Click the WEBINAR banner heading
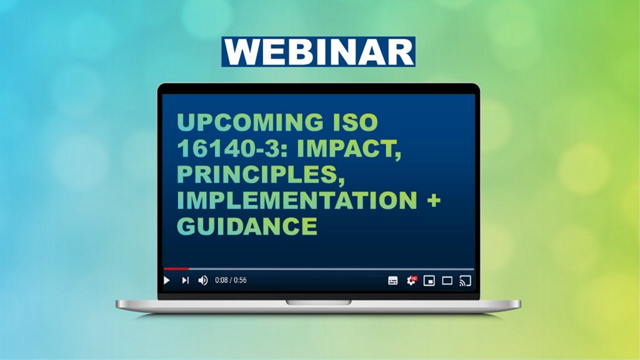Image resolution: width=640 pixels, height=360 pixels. pyautogui.click(x=318, y=52)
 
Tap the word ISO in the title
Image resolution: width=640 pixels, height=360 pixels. pyautogui.click(x=356, y=122)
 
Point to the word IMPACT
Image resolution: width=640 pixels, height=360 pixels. pyautogui.click(x=349, y=149)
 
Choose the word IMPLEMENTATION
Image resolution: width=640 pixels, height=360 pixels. pyautogui.click(x=297, y=200)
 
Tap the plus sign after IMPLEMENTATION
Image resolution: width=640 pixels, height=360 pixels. pyautogui.click(x=433, y=201)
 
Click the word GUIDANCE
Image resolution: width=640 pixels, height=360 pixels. pyautogui.click(x=247, y=226)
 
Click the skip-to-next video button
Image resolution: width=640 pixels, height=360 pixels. pyautogui.click(x=185, y=281)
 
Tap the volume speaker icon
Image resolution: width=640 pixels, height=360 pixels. pyautogui.click(x=203, y=281)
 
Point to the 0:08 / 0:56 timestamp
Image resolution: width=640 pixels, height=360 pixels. pyautogui.click(x=231, y=281)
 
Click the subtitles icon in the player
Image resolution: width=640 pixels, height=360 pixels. pyautogui.click(x=392, y=281)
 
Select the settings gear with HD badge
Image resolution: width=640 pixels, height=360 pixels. pyautogui.click(x=411, y=281)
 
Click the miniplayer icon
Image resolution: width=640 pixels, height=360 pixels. pyautogui.click(x=429, y=281)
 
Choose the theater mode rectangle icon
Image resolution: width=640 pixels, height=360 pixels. pyautogui.click(x=447, y=281)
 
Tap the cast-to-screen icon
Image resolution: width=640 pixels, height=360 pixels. pyautogui.click(x=465, y=281)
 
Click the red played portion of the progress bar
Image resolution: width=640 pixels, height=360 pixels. pyautogui.click(x=176, y=269)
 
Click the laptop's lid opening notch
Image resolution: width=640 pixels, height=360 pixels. pyautogui.click(x=318, y=302)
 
